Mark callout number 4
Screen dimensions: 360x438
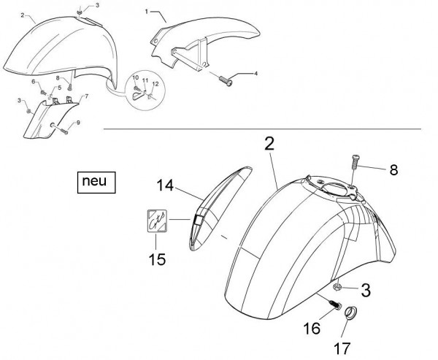(x=255, y=73)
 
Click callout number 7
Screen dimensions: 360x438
(x=87, y=96)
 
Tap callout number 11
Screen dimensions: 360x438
(x=145, y=80)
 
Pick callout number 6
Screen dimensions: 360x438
(x=34, y=83)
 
